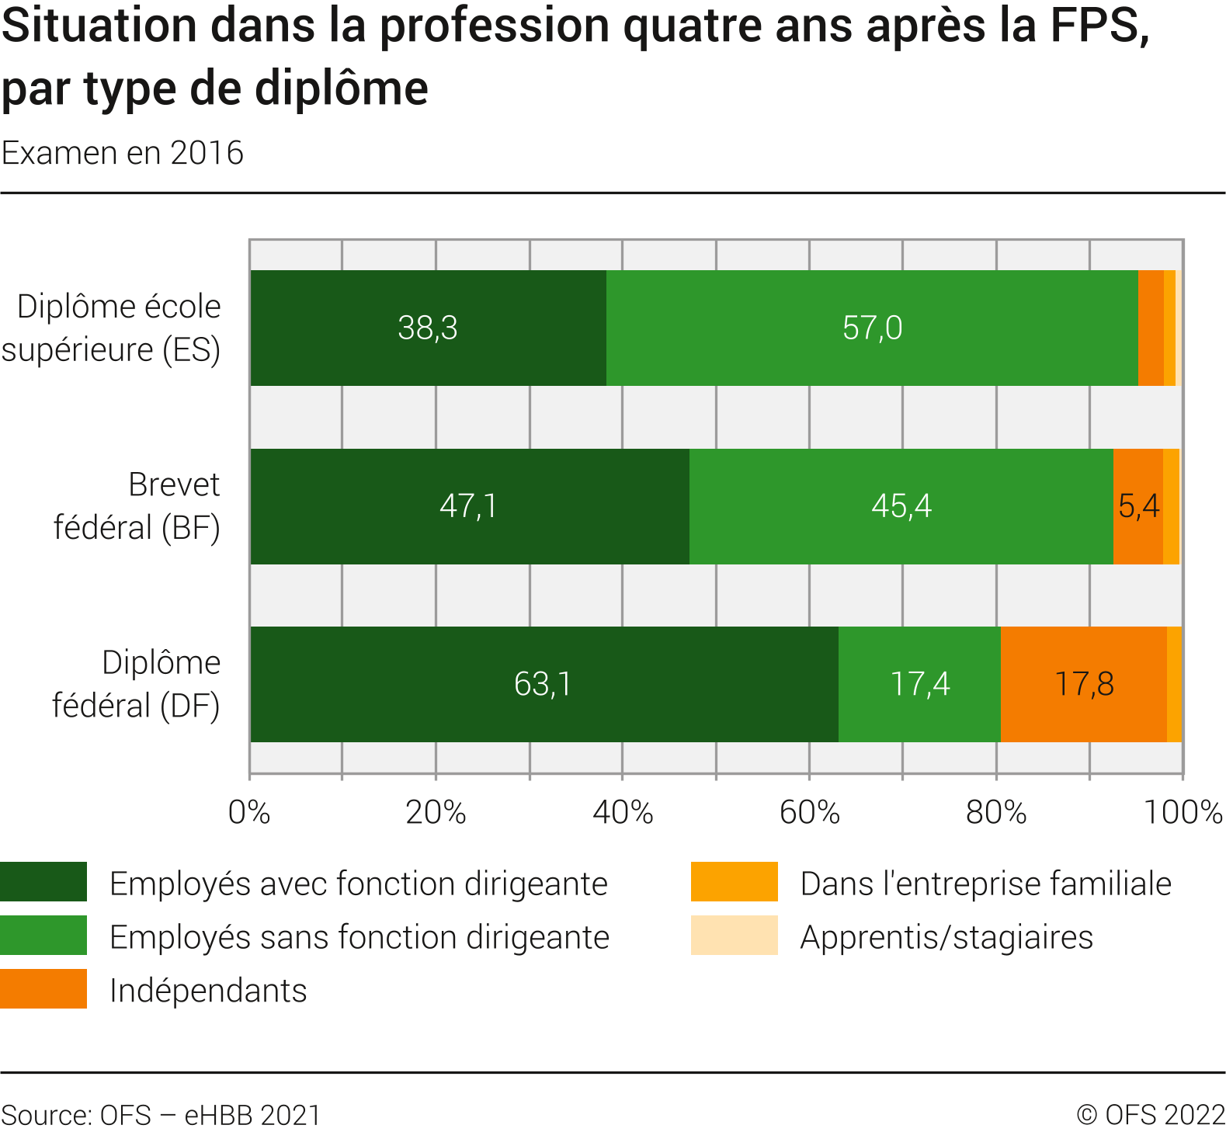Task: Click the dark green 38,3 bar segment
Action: pyautogui.click(x=428, y=328)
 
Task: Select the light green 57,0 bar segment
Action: pyautogui.click(x=872, y=328)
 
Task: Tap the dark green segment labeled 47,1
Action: pyautogui.click(x=469, y=506)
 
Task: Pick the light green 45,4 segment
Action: pyautogui.click(x=901, y=506)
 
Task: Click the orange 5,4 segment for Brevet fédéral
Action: pyautogui.click(x=1138, y=506)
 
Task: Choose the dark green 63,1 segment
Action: pyautogui.click(x=544, y=684)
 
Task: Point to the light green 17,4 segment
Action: pyautogui.click(x=919, y=684)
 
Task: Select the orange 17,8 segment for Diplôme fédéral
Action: pyautogui.click(x=1084, y=684)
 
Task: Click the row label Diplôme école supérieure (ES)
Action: pyautogui.click(x=112, y=328)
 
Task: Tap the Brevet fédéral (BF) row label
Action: pyautogui.click(x=137, y=506)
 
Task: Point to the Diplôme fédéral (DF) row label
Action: pyautogui.click(x=137, y=684)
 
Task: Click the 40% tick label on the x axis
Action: pyautogui.click(x=623, y=812)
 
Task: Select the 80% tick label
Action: pyautogui.click(x=996, y=812)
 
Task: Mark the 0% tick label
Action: pyautogui.click(x=249, y=812)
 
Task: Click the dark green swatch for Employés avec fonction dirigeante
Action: pyautogui.click(x=43, y=882)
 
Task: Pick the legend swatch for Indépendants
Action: pyautogui.click(x=43, y=989)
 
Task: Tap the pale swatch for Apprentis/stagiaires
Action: pyautogui.click(x=734, y=936)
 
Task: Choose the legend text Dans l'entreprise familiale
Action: pyautogui.click(x=985, y=884)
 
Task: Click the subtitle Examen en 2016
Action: pyautogui.click(x=123, y=153)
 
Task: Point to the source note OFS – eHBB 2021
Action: pyautogui.click(x=161, y=1115)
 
